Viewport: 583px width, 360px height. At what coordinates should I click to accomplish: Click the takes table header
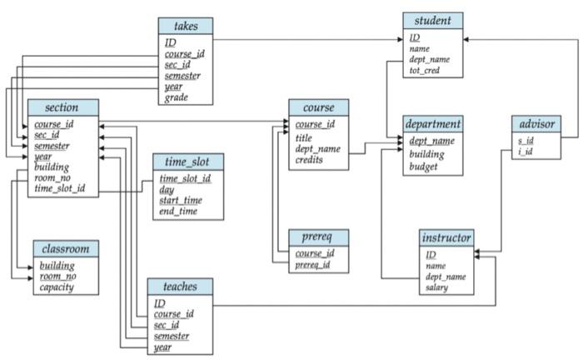point(185,26)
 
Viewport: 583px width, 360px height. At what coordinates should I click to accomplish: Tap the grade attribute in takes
point(176,97)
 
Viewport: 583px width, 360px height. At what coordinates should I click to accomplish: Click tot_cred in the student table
point(424,72)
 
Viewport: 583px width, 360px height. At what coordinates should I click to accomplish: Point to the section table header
point(62,107)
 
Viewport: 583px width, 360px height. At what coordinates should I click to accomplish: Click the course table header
point(318,107)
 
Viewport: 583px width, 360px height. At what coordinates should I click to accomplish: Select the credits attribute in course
point(309,160)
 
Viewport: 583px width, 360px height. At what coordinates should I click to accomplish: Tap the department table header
point(432,123)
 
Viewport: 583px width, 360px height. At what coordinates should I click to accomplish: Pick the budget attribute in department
point(425,167)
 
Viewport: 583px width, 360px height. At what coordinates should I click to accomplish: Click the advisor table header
point(536,124)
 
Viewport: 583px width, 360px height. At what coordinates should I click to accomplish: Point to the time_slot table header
point(187,162)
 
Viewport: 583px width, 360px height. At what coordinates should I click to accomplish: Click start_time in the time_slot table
point(182,201)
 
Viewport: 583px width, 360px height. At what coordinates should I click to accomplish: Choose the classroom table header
point(66,248)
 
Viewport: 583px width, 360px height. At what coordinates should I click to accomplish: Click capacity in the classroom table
point(57,287)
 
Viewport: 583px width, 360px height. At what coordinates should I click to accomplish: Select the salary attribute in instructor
point(437,287)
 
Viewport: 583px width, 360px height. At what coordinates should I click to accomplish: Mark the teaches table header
point(180,287)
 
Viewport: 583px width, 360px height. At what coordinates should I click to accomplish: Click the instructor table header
point(446,237)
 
